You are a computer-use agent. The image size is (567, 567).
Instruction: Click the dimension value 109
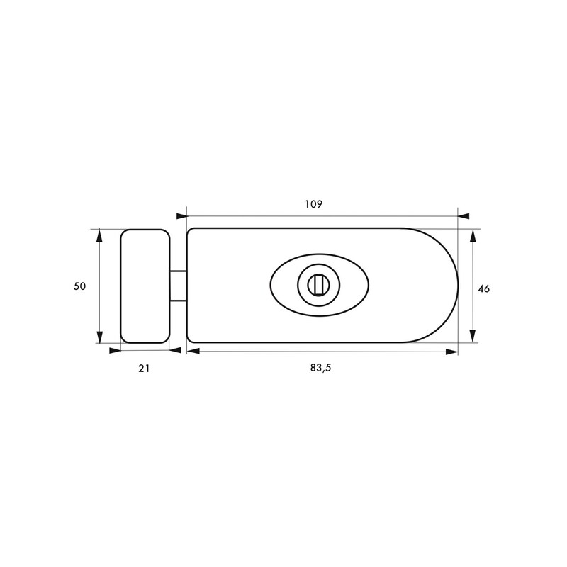pyautogui.click(x=313, y=204)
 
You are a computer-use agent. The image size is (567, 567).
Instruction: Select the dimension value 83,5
pyautogui.click(x=320, y=368)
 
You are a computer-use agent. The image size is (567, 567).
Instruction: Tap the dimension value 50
pyautogui.click(x=79, y=286)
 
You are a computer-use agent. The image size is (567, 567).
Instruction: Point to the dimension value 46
pyautogui.click(x=483, y=289)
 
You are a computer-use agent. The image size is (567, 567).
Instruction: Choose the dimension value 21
pyautogui.click(x=144, y=369)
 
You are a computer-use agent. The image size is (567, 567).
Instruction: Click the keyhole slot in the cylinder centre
pyautogui.click(x=318, y=285)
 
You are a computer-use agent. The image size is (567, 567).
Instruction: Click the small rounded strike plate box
pyautogui.click(x=145, y=286)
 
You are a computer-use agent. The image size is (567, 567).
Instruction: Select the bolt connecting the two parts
pyautogui.click(x=179, y=286)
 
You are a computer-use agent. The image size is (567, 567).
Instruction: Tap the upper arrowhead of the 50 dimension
pyautogui.click(x=100, y=235)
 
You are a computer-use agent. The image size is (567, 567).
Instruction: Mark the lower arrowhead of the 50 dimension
pyautogui.click(x=100, y=337)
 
